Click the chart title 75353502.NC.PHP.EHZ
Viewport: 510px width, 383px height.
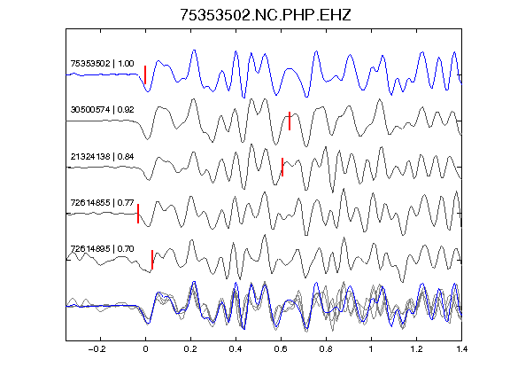(266, 15)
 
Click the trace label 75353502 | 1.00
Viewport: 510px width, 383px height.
(102, 63)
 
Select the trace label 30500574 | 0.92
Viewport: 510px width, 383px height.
(102, 109)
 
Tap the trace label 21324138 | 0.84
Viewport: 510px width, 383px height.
(102, 156)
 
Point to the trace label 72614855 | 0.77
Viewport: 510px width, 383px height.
(102, 202)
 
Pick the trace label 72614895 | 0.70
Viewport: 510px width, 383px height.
(102, 249)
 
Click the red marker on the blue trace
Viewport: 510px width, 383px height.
(145, 74)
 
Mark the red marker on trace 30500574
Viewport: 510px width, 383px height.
(290, 121)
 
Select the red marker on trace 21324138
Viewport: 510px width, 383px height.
(282, 167)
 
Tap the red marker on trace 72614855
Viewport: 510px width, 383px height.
(138, 214)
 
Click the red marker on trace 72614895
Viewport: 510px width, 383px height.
(152, 260)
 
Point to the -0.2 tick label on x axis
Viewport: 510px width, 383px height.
(97, 349)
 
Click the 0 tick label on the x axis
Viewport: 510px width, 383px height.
(145, 349)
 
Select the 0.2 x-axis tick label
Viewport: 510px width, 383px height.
(190, 349)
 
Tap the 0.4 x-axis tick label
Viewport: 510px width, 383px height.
(236, 349)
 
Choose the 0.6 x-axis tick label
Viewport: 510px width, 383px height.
(281, 349)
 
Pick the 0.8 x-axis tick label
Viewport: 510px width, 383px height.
(326, 349)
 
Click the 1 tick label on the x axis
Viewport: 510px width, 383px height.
(371, 349)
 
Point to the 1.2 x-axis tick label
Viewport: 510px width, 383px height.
(416, 349)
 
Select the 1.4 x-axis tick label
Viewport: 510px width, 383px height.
(461, 349)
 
